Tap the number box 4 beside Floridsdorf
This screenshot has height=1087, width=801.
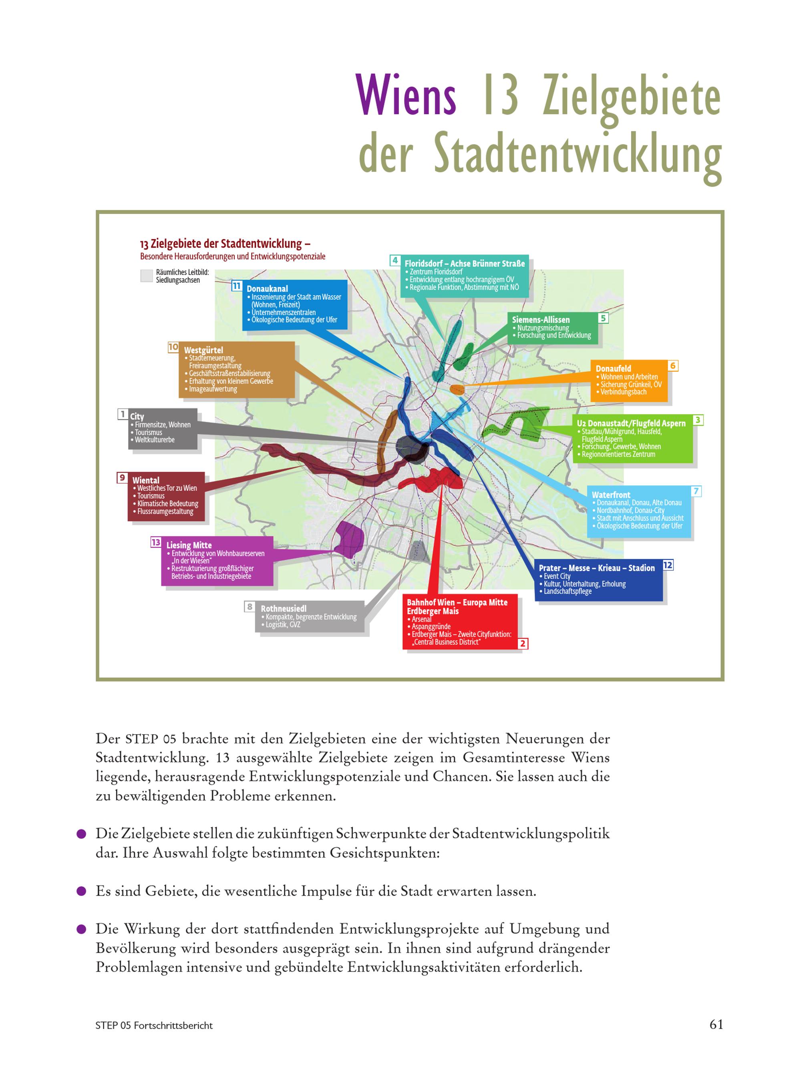click(x=395, y=260)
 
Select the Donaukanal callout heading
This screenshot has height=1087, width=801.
click(x=267, y=288)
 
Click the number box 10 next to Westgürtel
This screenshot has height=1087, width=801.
click(x=173, y=347)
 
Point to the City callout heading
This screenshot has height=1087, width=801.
click(x=137, y=417)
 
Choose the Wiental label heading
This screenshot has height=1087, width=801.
click(x=146, y=480)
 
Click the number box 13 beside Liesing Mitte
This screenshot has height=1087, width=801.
click(x=156, y=542)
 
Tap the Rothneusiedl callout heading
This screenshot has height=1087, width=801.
click(x=284, y=608)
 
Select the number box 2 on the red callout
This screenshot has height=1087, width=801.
click(x=523, y=643)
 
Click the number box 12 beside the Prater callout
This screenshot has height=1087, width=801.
click(x=668, y=565)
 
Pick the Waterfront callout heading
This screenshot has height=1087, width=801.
click(x=611, y=495)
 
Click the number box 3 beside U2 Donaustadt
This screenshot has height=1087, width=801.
click(x=698, y=420)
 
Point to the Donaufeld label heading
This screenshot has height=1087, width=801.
click(x=613, y=368)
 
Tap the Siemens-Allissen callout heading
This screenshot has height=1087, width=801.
click(x=541, y=320)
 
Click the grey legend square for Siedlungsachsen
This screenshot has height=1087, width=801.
click(x=147, y=276)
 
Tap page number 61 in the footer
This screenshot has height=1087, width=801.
click(x=716, y=1024)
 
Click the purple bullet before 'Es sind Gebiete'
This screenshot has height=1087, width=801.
click(x=81, y=891)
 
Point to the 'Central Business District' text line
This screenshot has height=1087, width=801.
click(x=447, y=642)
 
